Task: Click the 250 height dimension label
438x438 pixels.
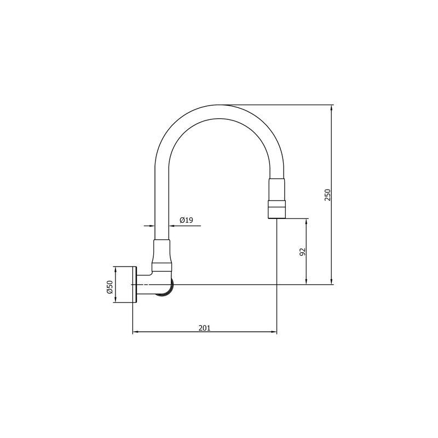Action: tap(327, 195)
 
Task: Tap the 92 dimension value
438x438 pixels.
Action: tap(303, 252)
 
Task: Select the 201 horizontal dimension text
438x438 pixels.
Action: tap(204, 328)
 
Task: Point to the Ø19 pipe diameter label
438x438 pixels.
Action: tap(186, 220)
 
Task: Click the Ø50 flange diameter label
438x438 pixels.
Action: tap(109, 287)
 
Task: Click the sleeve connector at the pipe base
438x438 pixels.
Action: tap(162, 255)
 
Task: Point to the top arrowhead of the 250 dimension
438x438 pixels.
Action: tap(332, 108)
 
